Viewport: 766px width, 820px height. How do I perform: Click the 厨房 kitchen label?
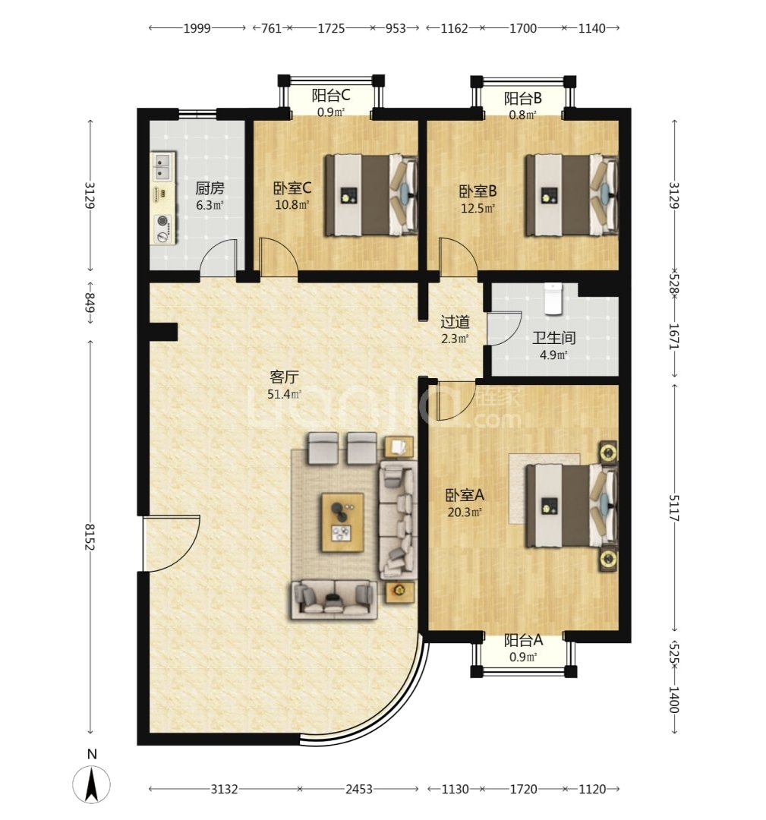click(x=210, y=188)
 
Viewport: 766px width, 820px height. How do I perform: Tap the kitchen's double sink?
click(x=164, y=166)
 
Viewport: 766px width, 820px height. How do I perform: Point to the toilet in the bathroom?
click(x=553, y=298)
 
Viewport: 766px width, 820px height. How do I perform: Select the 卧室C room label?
click(x=292, y=188)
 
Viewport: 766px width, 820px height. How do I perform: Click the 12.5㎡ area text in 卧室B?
click(x=478, y=209)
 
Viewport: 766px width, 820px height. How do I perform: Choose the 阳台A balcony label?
click(x=523, y=640)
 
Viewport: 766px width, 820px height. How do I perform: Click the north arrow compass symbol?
click(x=92, y=784)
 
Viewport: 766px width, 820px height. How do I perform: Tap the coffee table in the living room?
click(x=342, y=522)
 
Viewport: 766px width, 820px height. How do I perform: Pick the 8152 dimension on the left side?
click(x=90, y=537)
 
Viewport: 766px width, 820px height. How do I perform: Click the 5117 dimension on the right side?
click(x=674, y=508)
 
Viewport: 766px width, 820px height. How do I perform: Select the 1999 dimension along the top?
click(x=197, y=28)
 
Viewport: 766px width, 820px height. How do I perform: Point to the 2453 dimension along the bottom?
click(x=358, y=789)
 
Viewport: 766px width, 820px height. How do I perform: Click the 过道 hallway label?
click(x=455, y=321)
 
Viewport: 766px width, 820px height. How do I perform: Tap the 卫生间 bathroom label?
click(x=553, y=338)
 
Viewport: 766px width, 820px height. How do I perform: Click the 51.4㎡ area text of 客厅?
click(x=284, y=394)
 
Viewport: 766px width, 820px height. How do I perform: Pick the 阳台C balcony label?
click(x=330, y=95)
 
